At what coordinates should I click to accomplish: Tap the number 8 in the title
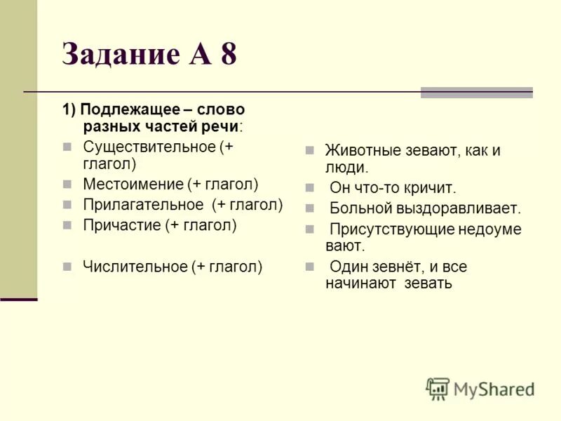228,54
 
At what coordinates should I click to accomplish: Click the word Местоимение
133,185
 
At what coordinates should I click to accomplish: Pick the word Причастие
121,225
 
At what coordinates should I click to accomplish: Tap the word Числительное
135,267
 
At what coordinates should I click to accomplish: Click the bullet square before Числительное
67,267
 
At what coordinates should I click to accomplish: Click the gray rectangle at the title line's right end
476,93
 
